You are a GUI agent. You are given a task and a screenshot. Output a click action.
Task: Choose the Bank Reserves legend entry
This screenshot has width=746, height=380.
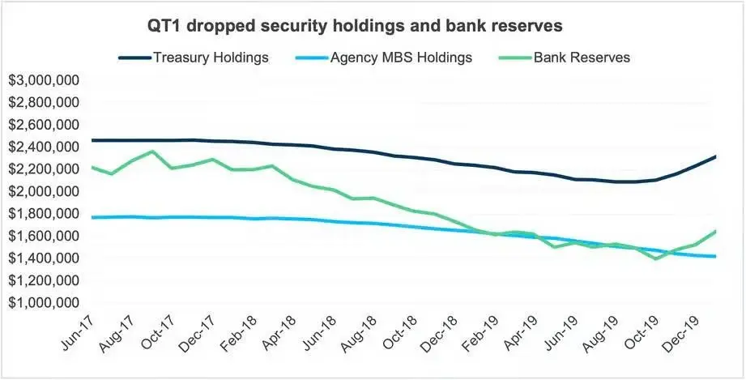click(580, 58)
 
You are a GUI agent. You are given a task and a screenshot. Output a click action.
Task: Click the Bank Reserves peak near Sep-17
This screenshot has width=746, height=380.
click(152, 152)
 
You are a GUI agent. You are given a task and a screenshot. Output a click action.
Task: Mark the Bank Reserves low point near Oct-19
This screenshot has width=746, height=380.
click(655, 258)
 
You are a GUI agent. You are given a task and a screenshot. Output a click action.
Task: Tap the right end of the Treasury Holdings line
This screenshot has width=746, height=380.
click(715, 156)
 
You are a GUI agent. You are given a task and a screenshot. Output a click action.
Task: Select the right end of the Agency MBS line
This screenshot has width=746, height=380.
click(715, 256)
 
